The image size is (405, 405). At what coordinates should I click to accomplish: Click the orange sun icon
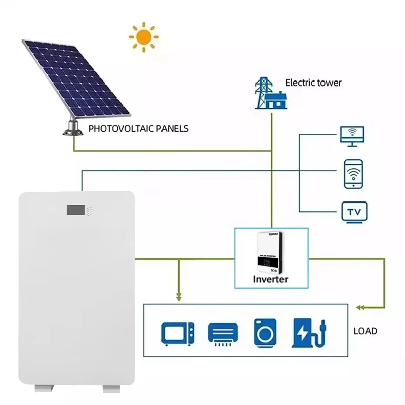click(x=143, y=37)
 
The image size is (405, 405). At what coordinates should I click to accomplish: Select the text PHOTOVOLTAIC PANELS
click(x=138, y=128)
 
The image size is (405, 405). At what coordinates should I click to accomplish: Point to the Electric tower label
click(x=313, y=83)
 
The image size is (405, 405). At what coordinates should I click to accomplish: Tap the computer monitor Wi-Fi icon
click(x=352, y=135)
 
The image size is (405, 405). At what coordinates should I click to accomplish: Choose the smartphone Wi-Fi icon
click(x=352, y=174)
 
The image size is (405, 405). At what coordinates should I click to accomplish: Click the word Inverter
click(x=271, y=279)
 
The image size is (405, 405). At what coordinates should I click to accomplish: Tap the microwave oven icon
click(x=178, y=334)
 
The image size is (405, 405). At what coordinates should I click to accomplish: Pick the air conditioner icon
click(x=222, y=334)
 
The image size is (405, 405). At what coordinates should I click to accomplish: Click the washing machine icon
click(x=265, y=333)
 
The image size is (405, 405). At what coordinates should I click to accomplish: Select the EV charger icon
click(x=307, y=333)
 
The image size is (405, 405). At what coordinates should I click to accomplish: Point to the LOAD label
click(x=365, y=331)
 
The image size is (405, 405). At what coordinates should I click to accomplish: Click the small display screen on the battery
click(x=74, y=209)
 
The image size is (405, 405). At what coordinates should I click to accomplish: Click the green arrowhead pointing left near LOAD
click(x=359, y=307)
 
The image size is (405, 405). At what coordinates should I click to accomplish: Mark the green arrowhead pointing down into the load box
click(x=177, y=298)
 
